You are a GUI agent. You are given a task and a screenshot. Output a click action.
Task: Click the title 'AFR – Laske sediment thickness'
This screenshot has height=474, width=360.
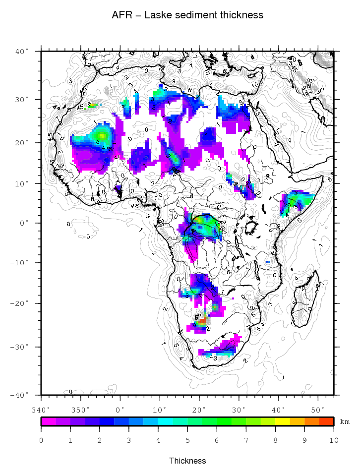(187, 15)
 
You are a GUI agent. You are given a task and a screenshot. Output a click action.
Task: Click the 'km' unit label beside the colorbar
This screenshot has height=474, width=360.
(345, 421)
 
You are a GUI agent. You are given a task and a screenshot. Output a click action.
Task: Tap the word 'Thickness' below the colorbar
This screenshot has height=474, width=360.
(187, 461)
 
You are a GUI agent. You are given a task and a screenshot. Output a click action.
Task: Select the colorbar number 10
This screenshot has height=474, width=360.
(333, 440)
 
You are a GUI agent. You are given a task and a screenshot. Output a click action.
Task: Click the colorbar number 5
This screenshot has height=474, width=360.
(187, 440)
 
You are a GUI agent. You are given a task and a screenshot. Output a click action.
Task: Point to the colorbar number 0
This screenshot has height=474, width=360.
(41, 440)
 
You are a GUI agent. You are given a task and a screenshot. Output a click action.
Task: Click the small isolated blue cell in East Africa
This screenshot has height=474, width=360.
(268, 261)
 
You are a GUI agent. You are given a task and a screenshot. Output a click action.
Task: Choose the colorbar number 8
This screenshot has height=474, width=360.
(275, 440)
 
